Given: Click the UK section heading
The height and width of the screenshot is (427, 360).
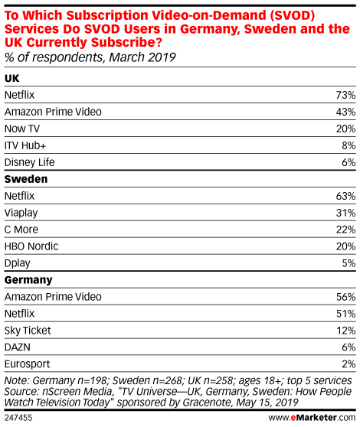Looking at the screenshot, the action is point(12,78).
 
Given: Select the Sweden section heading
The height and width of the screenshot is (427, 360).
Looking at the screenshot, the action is point(26,179).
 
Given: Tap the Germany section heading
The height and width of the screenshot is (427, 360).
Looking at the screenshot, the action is point(28,280).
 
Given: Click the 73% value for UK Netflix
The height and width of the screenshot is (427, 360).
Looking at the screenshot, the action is point(345,95).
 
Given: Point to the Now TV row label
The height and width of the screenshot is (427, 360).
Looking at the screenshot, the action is point(22,129).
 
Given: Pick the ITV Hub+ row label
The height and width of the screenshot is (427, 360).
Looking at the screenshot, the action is point(25,145).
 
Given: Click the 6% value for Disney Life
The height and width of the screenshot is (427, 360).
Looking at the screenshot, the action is point(349,162).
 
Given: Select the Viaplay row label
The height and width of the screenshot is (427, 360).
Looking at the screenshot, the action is point(21,213).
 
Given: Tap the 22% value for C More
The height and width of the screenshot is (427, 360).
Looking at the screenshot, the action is point(345,230).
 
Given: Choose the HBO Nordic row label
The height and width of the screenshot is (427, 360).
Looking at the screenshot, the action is point(31,246).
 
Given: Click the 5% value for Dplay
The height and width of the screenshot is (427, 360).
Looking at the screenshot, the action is point(349,263).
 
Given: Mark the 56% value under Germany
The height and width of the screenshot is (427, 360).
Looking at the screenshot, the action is point(345,297).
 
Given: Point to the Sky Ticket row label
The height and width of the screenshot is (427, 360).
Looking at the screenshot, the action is point(28,331).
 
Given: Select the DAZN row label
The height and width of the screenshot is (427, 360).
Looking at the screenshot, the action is point(18,347).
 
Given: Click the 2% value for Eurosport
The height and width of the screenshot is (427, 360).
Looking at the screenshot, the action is point(349,364).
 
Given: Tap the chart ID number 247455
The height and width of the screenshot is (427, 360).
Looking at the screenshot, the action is point(18,418).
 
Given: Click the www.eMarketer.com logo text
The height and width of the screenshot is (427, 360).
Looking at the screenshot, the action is point(312,418).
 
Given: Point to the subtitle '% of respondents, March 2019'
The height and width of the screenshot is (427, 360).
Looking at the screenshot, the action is point(90,57).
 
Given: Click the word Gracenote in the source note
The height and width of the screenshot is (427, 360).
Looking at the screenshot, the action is point(208,403).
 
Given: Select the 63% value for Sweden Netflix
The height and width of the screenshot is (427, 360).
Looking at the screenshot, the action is point(345,196).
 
